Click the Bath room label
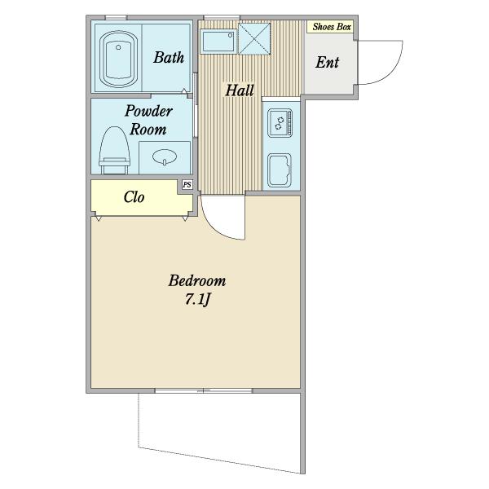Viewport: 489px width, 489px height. [x=169, y=58]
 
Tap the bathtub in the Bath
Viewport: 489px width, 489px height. [x=118, y=59]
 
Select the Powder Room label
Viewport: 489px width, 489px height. [x=148, y=120]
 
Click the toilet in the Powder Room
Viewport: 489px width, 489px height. [x=114, y=150]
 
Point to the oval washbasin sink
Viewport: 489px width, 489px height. [x=165, y=156]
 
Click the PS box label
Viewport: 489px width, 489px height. [x=187, y=185]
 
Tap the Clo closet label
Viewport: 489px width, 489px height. [x=134, y=196]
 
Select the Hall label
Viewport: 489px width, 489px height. [x=240, y=90]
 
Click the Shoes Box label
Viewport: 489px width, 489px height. [x=332, y=27]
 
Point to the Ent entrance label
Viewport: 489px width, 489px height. [x=327, y=62]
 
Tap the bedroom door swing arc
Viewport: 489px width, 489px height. [x=218, y=226]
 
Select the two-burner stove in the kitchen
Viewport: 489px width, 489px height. [x=280, y=122]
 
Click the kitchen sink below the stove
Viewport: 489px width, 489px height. [x=280, y=170]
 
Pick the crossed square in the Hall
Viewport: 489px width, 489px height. [x=254, y=39]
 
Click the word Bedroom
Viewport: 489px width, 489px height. [x=197, y=280]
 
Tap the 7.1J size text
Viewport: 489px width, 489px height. [x=198, y=300]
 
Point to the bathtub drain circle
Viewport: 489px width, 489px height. [x=118, y=47]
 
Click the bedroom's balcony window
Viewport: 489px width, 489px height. [x=204, y=390]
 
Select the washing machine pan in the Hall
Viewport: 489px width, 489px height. [x=218, y=42]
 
